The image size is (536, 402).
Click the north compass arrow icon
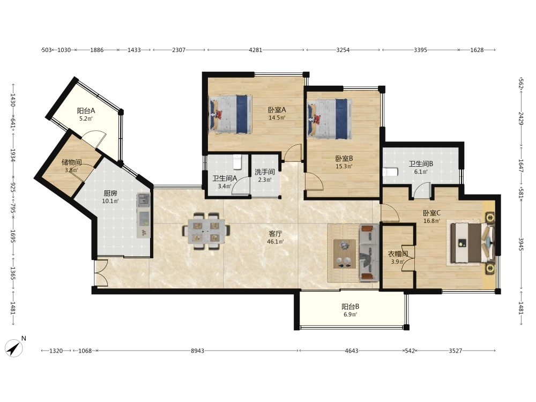[14, 348]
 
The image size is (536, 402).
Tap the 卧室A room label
[277, 110]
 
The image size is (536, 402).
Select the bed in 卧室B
[330, 118]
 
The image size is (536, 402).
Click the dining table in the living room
[206, 231]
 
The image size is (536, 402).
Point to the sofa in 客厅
[369, 252]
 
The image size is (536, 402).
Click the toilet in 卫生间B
[390, 172]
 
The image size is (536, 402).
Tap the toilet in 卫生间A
[237, 162]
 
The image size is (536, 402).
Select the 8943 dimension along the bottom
[197, 351]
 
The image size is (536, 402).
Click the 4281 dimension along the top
[255, 50]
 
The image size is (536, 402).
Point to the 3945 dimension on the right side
[521, 244]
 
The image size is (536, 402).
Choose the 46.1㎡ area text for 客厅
[275, 242]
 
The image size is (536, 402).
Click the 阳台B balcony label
[350, 307]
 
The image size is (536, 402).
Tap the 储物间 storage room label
[71, 162]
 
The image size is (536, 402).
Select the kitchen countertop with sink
[144, 215]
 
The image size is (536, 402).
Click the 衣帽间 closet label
[398, 254]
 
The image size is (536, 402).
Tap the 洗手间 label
[265, 172]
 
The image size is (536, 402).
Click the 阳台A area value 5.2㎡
[86, 118]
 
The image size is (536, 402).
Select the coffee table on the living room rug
[344, 254]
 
